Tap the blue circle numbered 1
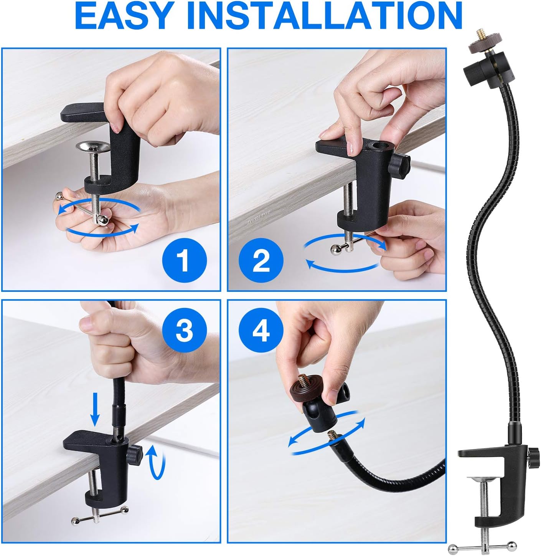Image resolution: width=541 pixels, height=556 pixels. (x=185, y=261)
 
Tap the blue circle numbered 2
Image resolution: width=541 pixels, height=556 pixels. (x=261, y=261)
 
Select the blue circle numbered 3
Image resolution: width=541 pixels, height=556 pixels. (x=185, y=330)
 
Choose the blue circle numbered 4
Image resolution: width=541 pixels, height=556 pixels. (x=261, y=330)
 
